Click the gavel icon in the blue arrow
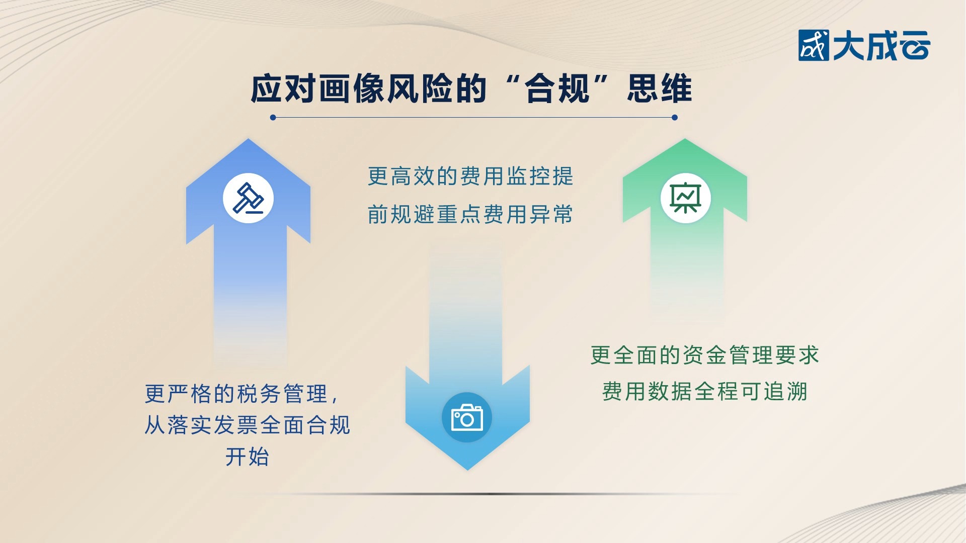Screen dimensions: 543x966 (248, 198)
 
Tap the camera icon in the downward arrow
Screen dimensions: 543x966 (467, 417)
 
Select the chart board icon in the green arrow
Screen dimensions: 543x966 (685, 198)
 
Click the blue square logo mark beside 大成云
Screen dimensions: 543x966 (813, 46)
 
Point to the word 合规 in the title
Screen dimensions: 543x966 (557, 89)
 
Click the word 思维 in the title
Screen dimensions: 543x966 (660, 89)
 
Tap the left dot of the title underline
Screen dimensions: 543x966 (273, 118)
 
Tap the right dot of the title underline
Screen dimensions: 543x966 (675, 118)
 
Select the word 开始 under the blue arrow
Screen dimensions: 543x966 (247, 457)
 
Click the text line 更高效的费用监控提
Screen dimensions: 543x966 (470, 176)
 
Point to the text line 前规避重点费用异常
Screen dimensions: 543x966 (470, 215)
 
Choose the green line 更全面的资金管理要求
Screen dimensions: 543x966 (704, 355)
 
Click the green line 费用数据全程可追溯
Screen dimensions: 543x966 (704, 391)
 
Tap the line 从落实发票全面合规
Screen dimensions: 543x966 (247, 425)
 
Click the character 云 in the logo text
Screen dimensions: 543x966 (914, 46)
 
